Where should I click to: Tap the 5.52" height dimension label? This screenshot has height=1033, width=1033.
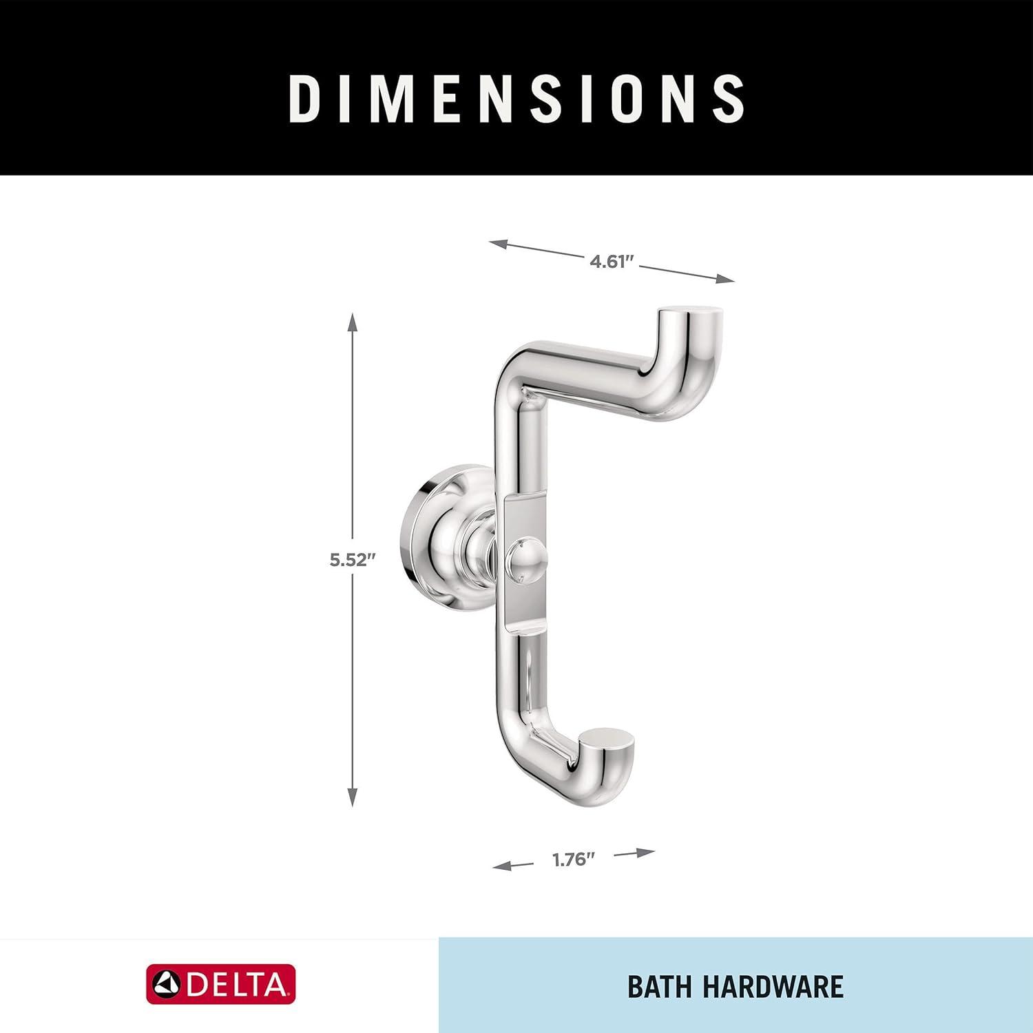[352, 559]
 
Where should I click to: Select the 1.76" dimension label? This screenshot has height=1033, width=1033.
[573, 859]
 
